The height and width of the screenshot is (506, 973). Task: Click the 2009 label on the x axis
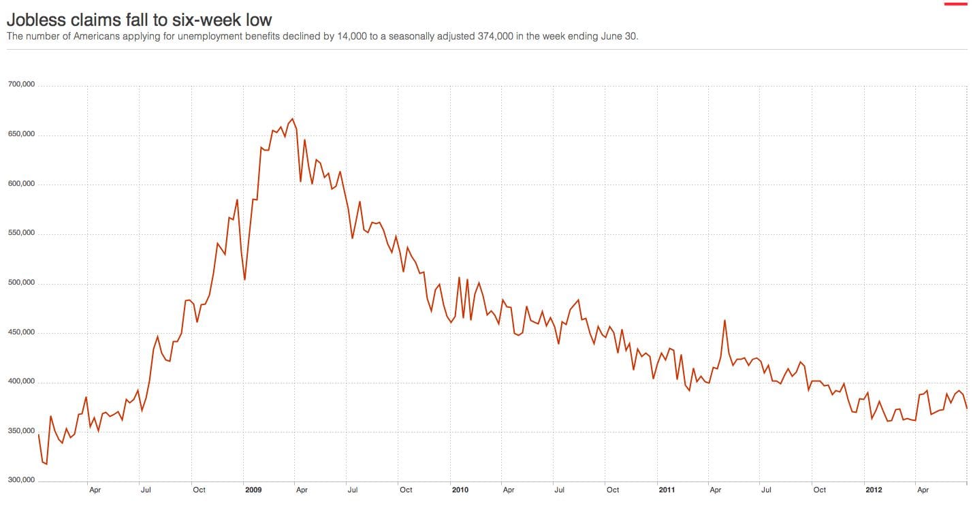253,490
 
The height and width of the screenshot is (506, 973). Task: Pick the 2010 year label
460,490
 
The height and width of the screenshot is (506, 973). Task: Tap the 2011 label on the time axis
667,490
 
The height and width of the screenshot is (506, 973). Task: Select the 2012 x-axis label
874,490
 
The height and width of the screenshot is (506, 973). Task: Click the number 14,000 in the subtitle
355,36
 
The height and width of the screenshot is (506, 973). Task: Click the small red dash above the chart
955,4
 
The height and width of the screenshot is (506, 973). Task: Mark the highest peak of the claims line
293,118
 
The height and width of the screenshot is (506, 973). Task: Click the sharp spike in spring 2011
724,320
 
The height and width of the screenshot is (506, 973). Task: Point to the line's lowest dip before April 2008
46,464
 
